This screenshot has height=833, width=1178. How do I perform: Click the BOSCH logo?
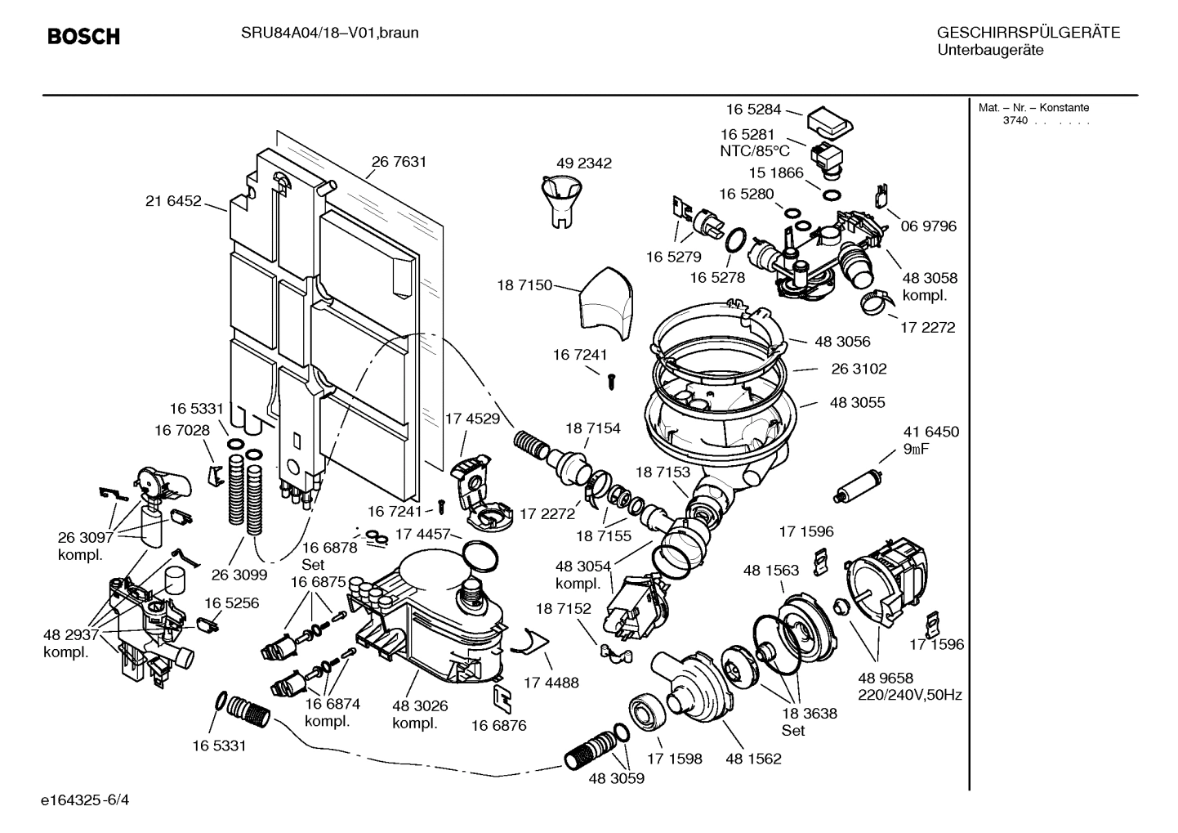pyautogui.click(x=83, y=37)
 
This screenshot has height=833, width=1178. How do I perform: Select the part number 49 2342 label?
pyautogui.click(x=583, y=163)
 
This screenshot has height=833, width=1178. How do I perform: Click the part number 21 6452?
pyautogui.click(x=173, y=201)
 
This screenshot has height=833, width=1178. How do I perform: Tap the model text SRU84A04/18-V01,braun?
pyautogui.click(x=329, y=34)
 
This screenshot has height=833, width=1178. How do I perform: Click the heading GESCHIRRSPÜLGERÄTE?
pyautogui.click(x=1028, y=34)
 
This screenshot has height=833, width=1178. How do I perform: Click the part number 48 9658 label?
pyautogui.click(x=886, y=678)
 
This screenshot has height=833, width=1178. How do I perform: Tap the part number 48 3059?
pyautogui.click(x=616, y=779)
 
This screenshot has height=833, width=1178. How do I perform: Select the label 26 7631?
pyautogui.click(x=399, y=162)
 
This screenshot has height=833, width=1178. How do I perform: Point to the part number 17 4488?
pyautogui.click(x=551, y=682)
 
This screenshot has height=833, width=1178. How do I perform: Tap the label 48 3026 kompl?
pyautogui.click(x=420, y=714)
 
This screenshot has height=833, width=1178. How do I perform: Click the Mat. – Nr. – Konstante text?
pyautogui.click(x=1033, y=108)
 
